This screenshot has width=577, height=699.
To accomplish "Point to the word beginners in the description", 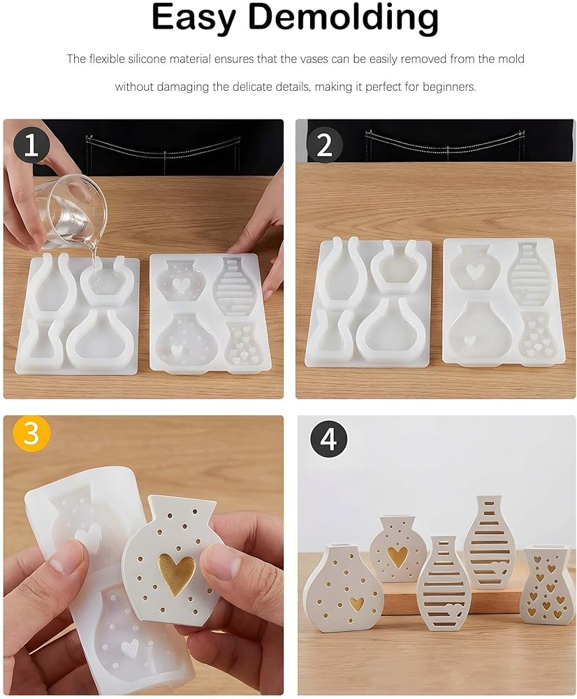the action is coord(449,87).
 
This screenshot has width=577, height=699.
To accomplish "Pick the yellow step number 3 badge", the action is coord(31,433).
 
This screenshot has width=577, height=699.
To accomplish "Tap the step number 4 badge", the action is coord(328,439).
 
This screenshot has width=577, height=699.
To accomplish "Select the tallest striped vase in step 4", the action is coord(489,542).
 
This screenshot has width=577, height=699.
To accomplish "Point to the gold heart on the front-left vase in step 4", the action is coord(356,604).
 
